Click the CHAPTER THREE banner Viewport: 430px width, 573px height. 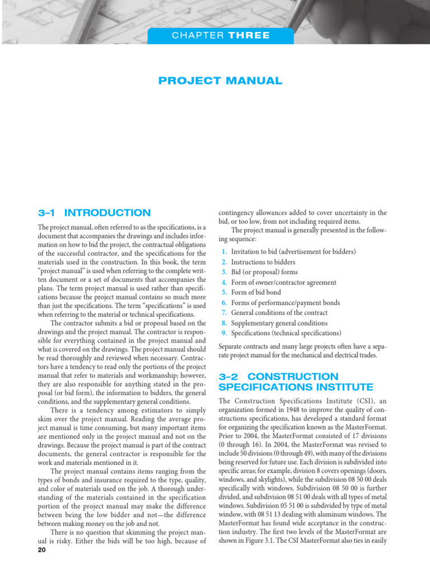pos(220,36)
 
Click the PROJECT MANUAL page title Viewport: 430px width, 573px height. pos(220,81)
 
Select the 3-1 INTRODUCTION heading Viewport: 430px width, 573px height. pos(94,213)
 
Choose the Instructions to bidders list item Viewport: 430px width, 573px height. pos(263,262)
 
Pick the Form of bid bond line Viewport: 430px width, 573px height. pos(256,292)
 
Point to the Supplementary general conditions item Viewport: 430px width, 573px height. pos(279,323)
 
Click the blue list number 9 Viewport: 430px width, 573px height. pos(224,333)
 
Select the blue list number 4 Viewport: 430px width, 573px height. pos(224,282)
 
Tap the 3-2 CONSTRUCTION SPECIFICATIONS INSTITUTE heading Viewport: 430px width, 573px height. pos(295,382)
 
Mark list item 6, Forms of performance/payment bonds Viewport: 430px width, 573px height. pos(285,303)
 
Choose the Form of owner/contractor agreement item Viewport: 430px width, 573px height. pos(283,282)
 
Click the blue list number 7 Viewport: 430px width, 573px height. pos(224,313)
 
